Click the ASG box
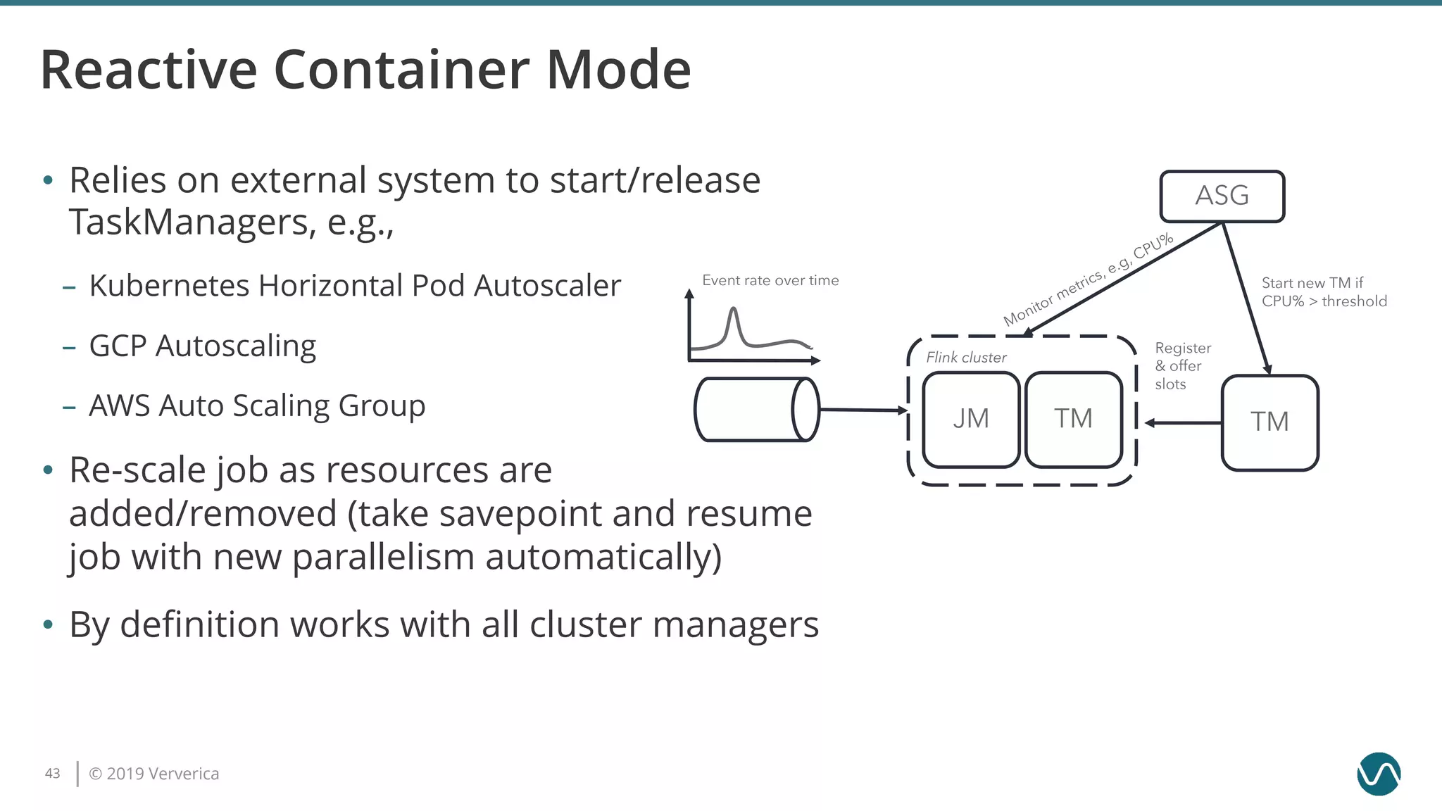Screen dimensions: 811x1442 [1222, 196]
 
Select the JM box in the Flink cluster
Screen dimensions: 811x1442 [971, 420]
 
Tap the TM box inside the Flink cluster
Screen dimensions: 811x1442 [1073, 420]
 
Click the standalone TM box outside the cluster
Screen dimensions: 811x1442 [1269, 422]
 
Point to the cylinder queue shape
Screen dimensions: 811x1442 [756, 410]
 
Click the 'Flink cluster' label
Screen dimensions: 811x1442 [966, 358]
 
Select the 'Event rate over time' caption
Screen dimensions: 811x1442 [770, 280]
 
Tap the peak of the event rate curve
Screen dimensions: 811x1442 [734, 310]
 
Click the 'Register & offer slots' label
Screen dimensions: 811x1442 [1182, 366]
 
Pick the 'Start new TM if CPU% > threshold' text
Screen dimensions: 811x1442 [1324, 292]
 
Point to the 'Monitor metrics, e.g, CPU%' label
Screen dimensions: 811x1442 [1088, 279]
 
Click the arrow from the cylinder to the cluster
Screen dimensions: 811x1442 [863, 410]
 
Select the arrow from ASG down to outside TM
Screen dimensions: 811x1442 [1245, 298]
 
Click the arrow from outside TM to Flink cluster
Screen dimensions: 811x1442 [1183, 423]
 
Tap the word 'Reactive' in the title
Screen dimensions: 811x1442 [149, 70]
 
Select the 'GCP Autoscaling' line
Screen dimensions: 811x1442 [202, 346]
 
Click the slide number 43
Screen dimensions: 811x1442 [53, 773]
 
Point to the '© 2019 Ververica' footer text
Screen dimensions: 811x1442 [154, 774]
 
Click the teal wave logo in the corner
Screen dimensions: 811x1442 [1378, 774]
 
